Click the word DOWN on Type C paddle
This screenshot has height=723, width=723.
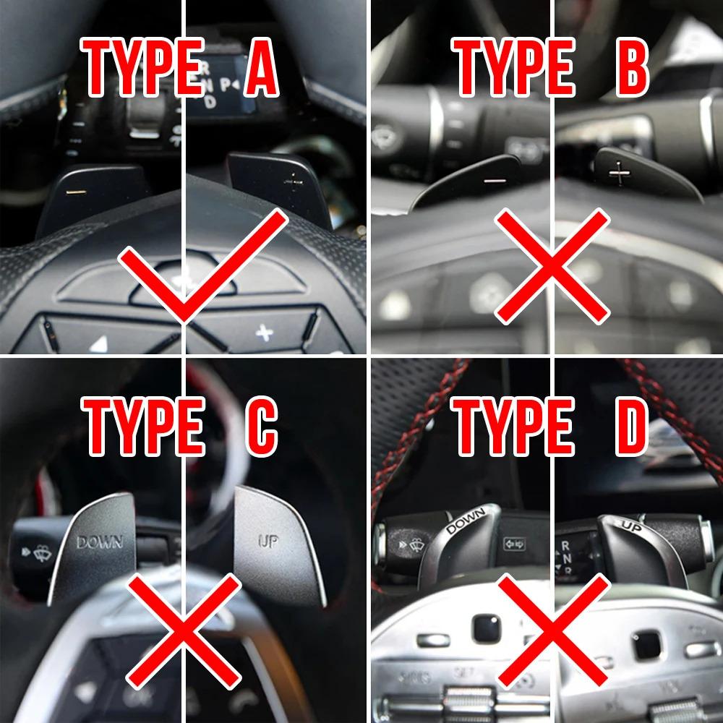[100, 541]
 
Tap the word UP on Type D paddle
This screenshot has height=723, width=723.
[630, 526]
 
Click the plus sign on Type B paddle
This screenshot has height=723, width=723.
[619, 172]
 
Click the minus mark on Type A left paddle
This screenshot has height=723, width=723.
[74, 192]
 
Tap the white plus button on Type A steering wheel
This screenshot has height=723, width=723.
[265, 333]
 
